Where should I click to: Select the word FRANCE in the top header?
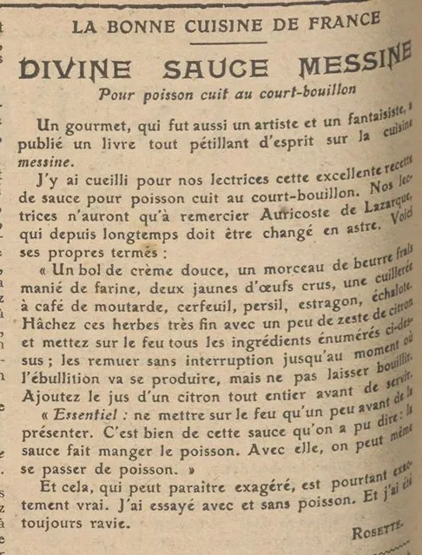(x=333, y=23)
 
